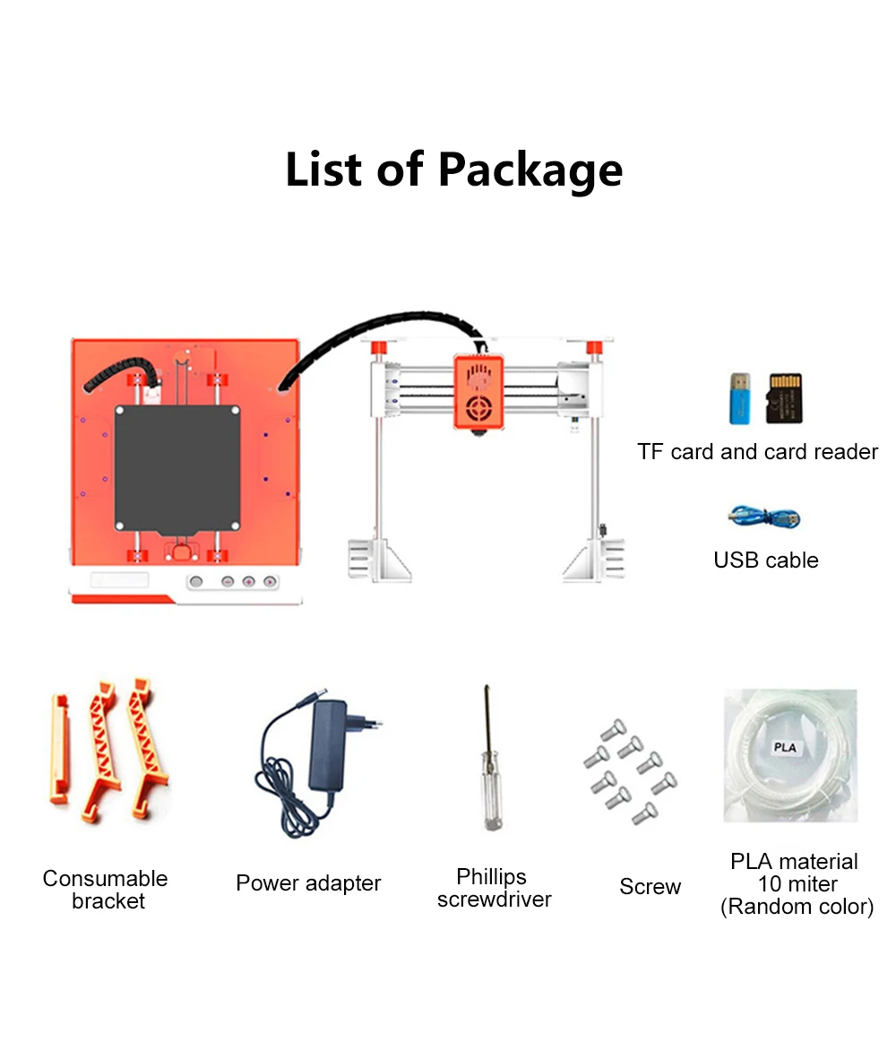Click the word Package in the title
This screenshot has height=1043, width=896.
pos(530,169)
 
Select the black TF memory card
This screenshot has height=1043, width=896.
pos(785,398)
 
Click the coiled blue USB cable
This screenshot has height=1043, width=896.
pos(763,517)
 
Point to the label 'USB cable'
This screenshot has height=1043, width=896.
pos(766,561)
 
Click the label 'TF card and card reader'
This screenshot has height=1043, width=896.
pos(757,452)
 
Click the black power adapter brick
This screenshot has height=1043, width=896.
pos(331,746)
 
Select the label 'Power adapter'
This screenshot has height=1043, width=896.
pos(308,883)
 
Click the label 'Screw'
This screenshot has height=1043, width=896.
pos(650,887)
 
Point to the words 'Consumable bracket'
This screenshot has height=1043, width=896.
pos(106,890)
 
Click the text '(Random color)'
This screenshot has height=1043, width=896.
pos(796,907)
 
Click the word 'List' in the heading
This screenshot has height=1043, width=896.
pos(324,169)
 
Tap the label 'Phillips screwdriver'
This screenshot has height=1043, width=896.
pos(494,888)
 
